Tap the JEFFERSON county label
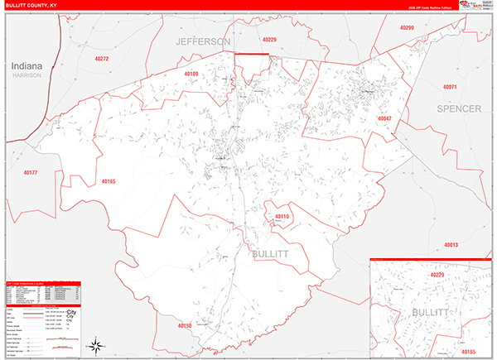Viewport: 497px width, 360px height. (202, 41)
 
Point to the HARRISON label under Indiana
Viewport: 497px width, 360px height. (26, 75)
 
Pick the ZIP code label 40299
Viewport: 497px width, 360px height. (405, 28)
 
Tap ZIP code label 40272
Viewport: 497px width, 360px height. (102, 59)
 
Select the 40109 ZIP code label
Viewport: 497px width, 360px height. (191, 74)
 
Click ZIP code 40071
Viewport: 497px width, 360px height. (450, 86)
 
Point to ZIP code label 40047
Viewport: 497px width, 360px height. (384, 119)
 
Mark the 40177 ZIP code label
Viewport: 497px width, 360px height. (31, 172)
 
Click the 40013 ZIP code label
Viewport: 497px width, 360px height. (451, 245)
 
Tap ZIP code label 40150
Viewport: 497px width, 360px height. (184, 326)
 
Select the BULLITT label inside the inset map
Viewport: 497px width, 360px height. (430, 314)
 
